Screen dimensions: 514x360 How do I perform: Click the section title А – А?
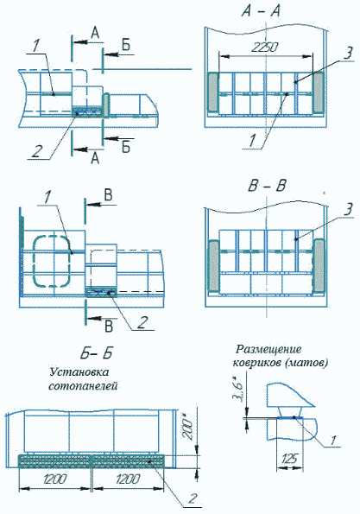264,11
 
